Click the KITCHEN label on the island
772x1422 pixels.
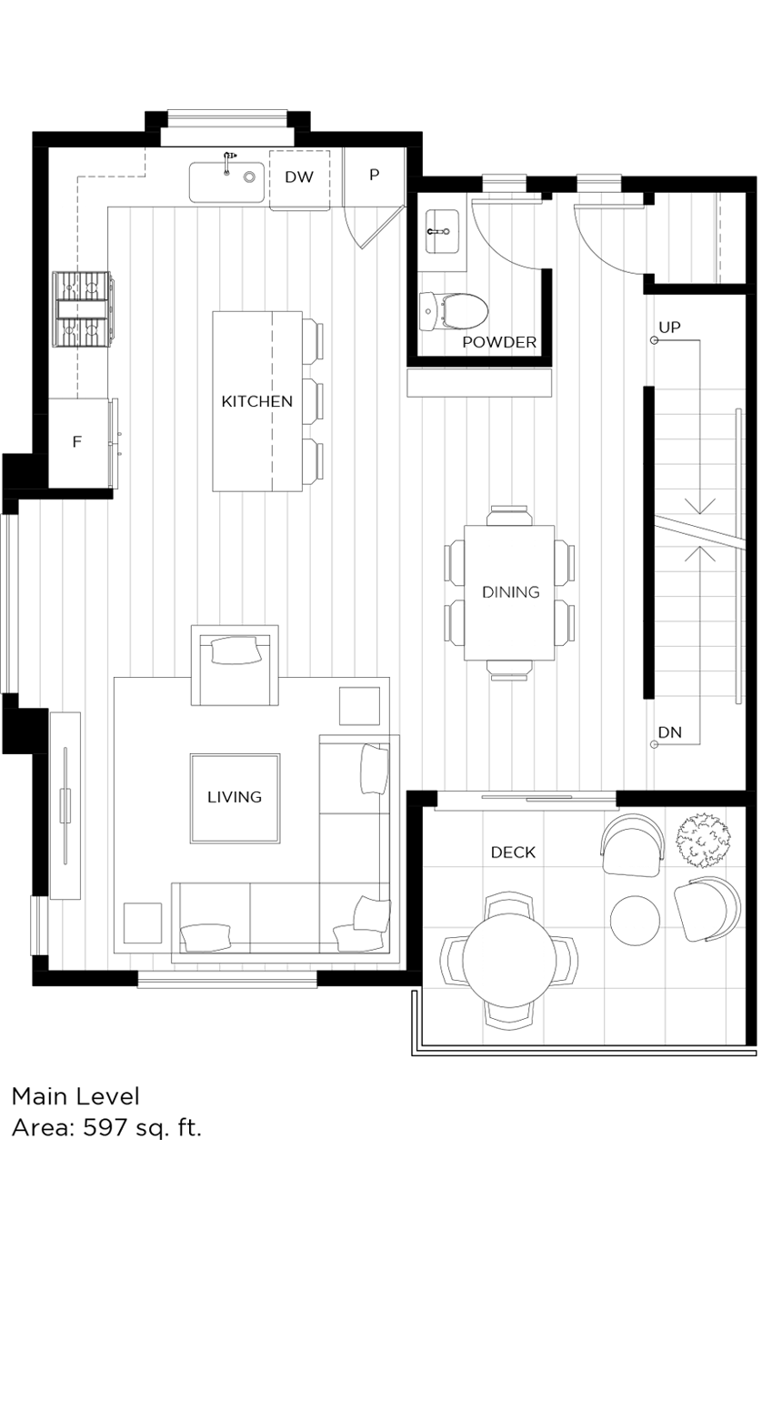[x=256, y=401]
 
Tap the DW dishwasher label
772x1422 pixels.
[x=298, y=177]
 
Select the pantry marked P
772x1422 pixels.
[x=374, y=175]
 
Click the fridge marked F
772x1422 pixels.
[x=77, y=442]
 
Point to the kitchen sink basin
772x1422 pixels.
[x=226, y=182]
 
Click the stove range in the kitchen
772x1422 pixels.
[x=84, y=309]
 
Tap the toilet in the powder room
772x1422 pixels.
[x=453, y=310]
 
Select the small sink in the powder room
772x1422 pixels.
[x=443, y=230]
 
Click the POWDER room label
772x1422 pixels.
[x=499, y=343]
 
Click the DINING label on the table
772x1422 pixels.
[x=510, y=592]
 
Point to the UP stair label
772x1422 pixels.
[x=669, y=327]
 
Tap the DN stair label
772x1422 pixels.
[x=670, y=732]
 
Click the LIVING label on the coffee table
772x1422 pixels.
[x=235, y=797]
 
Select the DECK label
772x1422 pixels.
[x=513, y=852]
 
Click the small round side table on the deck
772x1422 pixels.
[x=635, y=920]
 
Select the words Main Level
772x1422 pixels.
[x=75, y=1095]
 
